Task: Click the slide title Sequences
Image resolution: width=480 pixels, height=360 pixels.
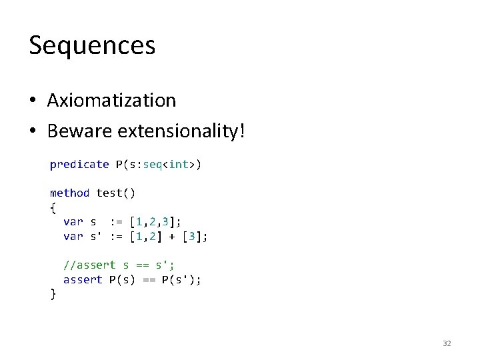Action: coord(92,45)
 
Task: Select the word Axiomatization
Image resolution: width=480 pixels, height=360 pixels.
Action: coord(111,100)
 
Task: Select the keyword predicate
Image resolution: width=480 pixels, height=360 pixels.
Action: coord(79,164)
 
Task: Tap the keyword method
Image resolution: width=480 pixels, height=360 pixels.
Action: coord(69,193)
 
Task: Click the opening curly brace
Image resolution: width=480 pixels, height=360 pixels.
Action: coord(53,207)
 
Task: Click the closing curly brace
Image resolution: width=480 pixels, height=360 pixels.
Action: coord(53,294)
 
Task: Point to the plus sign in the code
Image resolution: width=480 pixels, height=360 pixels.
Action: coord(171,236)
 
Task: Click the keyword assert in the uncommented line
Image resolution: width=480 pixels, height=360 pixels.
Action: coord(83,279)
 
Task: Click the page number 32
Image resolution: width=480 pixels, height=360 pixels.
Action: coord(447,343)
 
